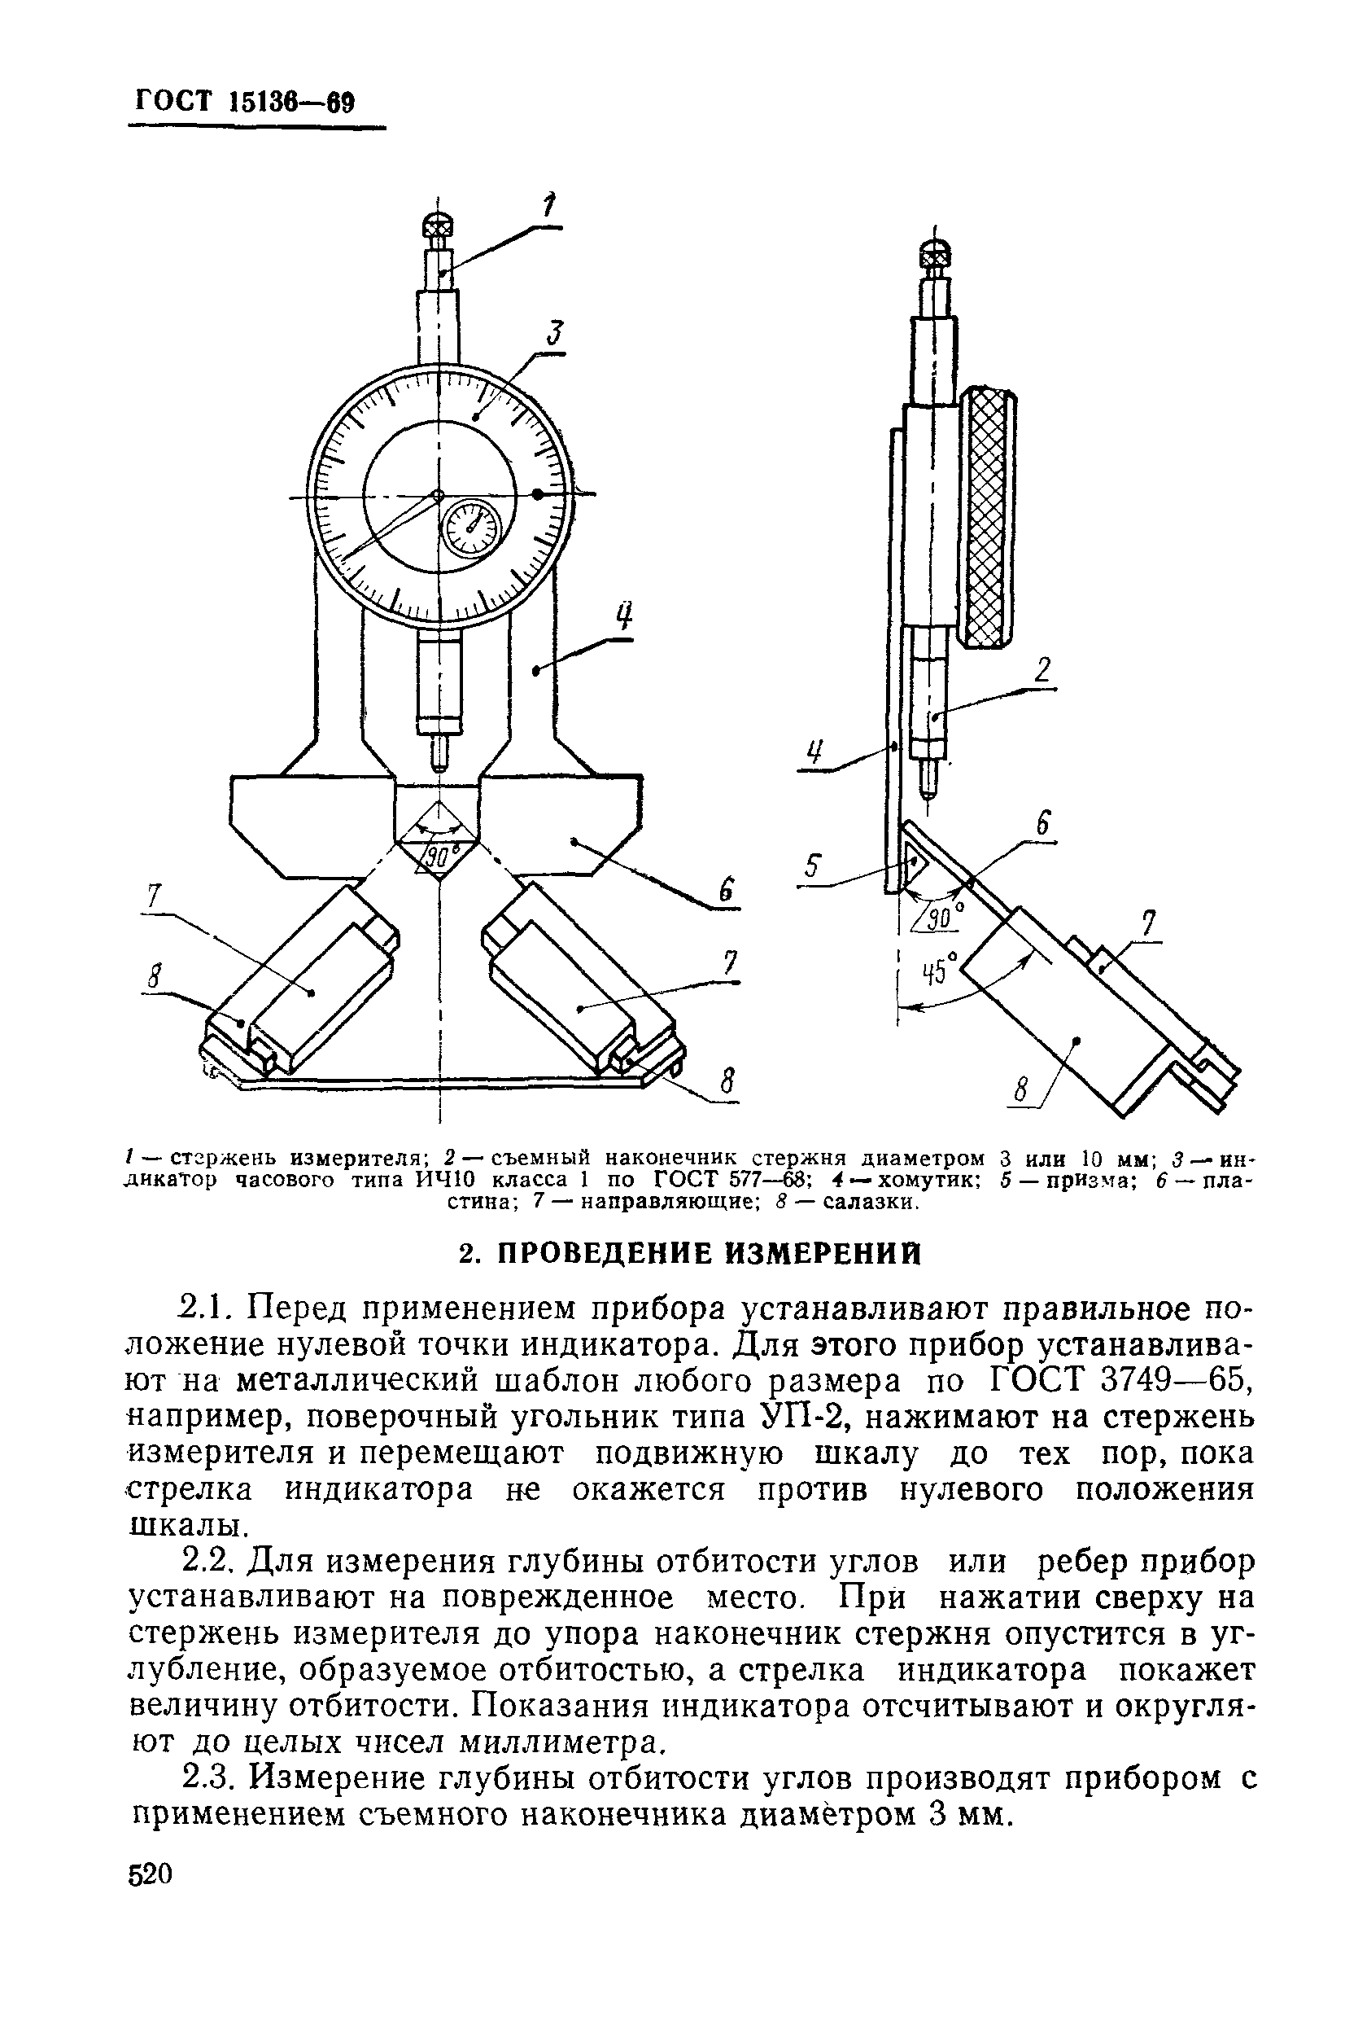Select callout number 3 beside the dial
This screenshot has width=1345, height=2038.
click(x=556, y=334)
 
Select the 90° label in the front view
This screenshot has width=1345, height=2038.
click(x=440, y=856)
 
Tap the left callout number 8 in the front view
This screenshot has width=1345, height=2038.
click(x=155, y=975)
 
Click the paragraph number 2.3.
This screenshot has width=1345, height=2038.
click(x=208, y=1780)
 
